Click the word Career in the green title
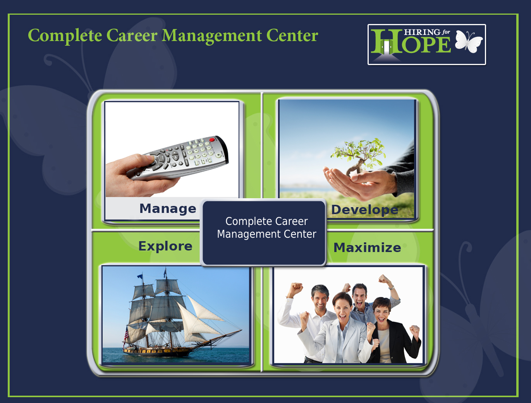point(132,36)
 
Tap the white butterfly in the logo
point(469,41)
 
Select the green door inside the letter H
point(386,47)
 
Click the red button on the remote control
point(212,140)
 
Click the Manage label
point(168,208)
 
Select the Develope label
point(364,209)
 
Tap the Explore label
point(165,246)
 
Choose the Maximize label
point(367,247)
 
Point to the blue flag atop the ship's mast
point(140,276)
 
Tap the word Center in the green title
point(292,36)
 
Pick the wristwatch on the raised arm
point(392,288)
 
